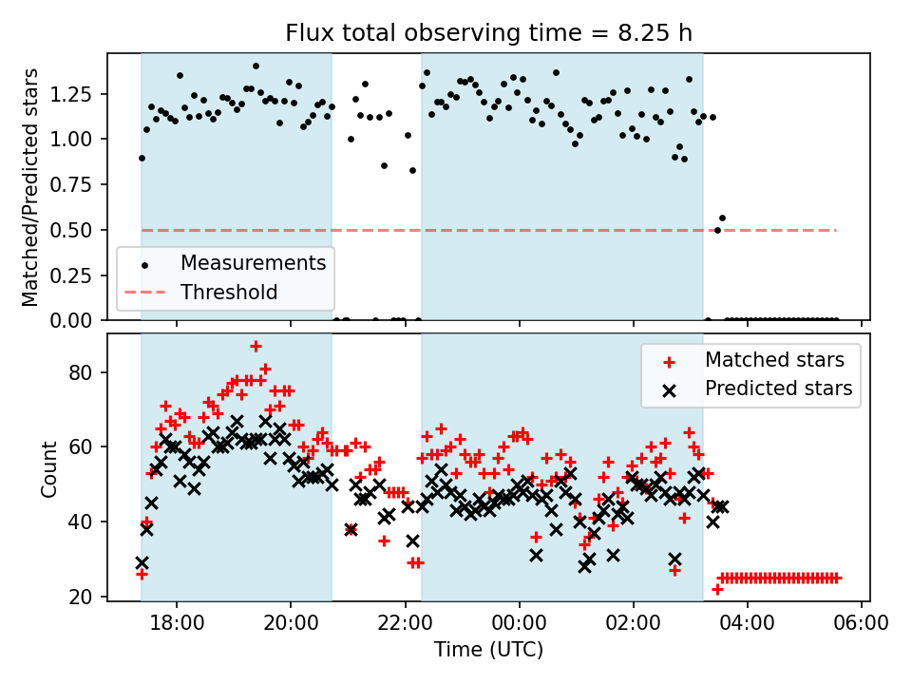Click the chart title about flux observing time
point(488,33)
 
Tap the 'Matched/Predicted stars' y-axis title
point(30,187)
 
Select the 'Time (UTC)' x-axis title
point(488,650)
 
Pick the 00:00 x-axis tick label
point(519,626)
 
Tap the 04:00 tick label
point(748,626)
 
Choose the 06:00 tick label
point(862,626)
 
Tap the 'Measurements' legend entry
point(253,262)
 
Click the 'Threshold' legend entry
point(229,292)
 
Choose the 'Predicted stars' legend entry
point(778,389)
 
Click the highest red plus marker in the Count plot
point(256,346)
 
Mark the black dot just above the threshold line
point(722,218)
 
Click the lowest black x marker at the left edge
point(142,562)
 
